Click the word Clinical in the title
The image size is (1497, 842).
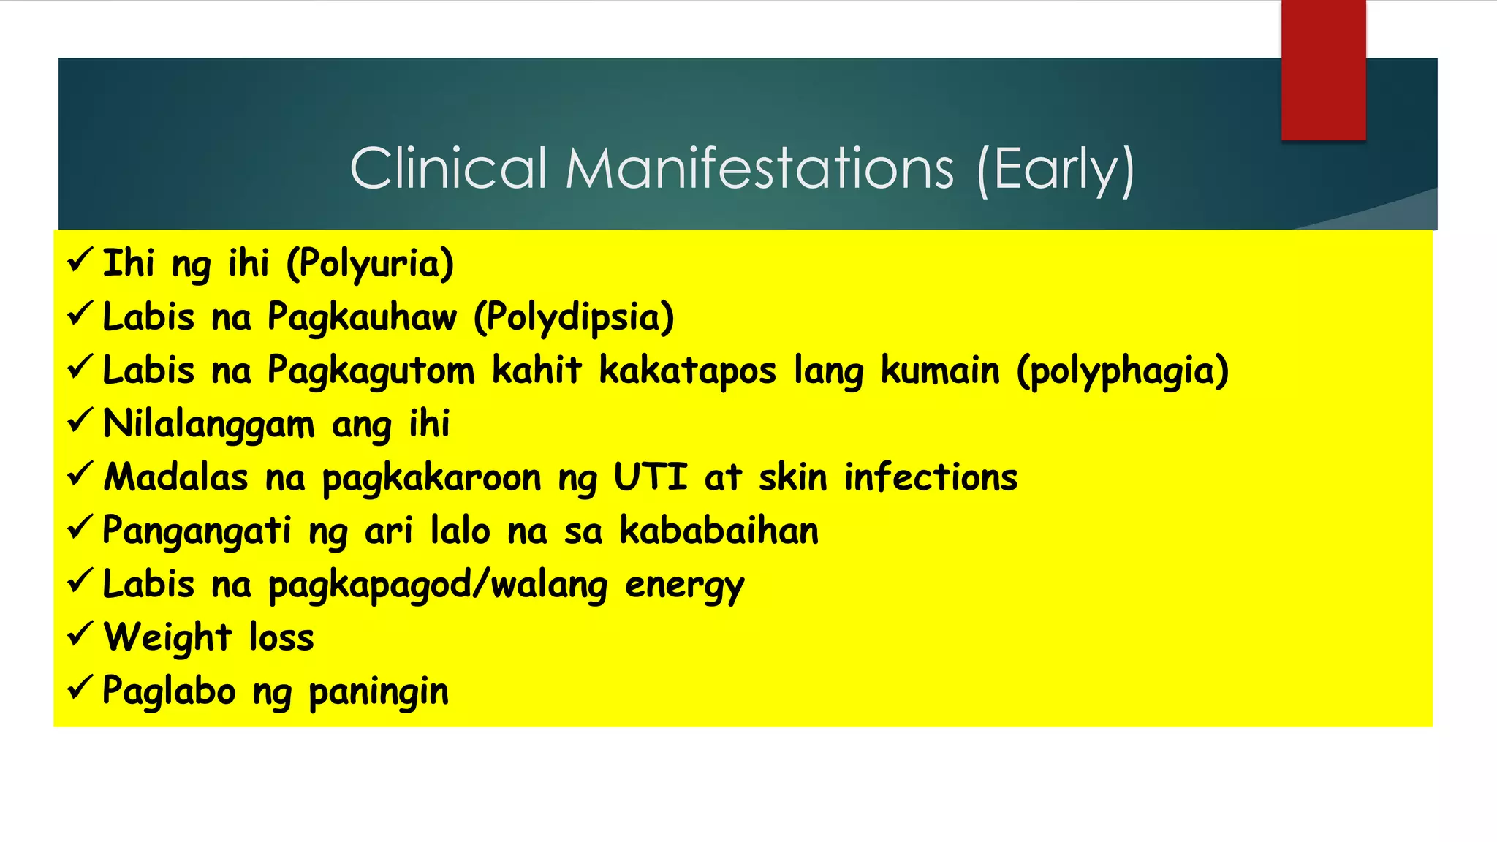pyautogui.click(x=448, y=168)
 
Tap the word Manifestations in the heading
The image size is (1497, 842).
pyautogui.click(x=759, y=168)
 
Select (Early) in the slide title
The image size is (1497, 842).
pyautogui.click(x=1056, y=170)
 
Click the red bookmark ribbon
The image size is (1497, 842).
pyautogui.click(x=1323, y=70)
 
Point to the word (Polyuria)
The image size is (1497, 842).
pyautogui.click(x=370, y=264)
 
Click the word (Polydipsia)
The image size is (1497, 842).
pyautogui.click(x=574, y=317)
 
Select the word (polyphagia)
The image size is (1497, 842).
pyautogui.click(x=1123, y=371)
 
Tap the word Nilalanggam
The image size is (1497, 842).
pyautogui.click(x=209, y=425)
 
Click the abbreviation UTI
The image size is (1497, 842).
pyautogui.click(x=650, y=477)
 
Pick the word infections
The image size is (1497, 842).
pyautogui.click(x=931, y=477)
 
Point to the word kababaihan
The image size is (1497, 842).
pyautogui.click(x=719, y=531)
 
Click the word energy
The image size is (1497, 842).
pyautogui.click(x=684, y=585)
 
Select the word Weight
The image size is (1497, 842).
pyautogui.click(x=168, y=637)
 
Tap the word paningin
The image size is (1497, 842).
pyautogui.click(x=378, y=691)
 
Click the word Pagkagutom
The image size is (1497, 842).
pyautogui.click(x=371, y=371)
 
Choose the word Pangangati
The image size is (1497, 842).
pyautogui.click(x=197, y=531)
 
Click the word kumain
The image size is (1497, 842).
pyautogui.click(x=939, y=371)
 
